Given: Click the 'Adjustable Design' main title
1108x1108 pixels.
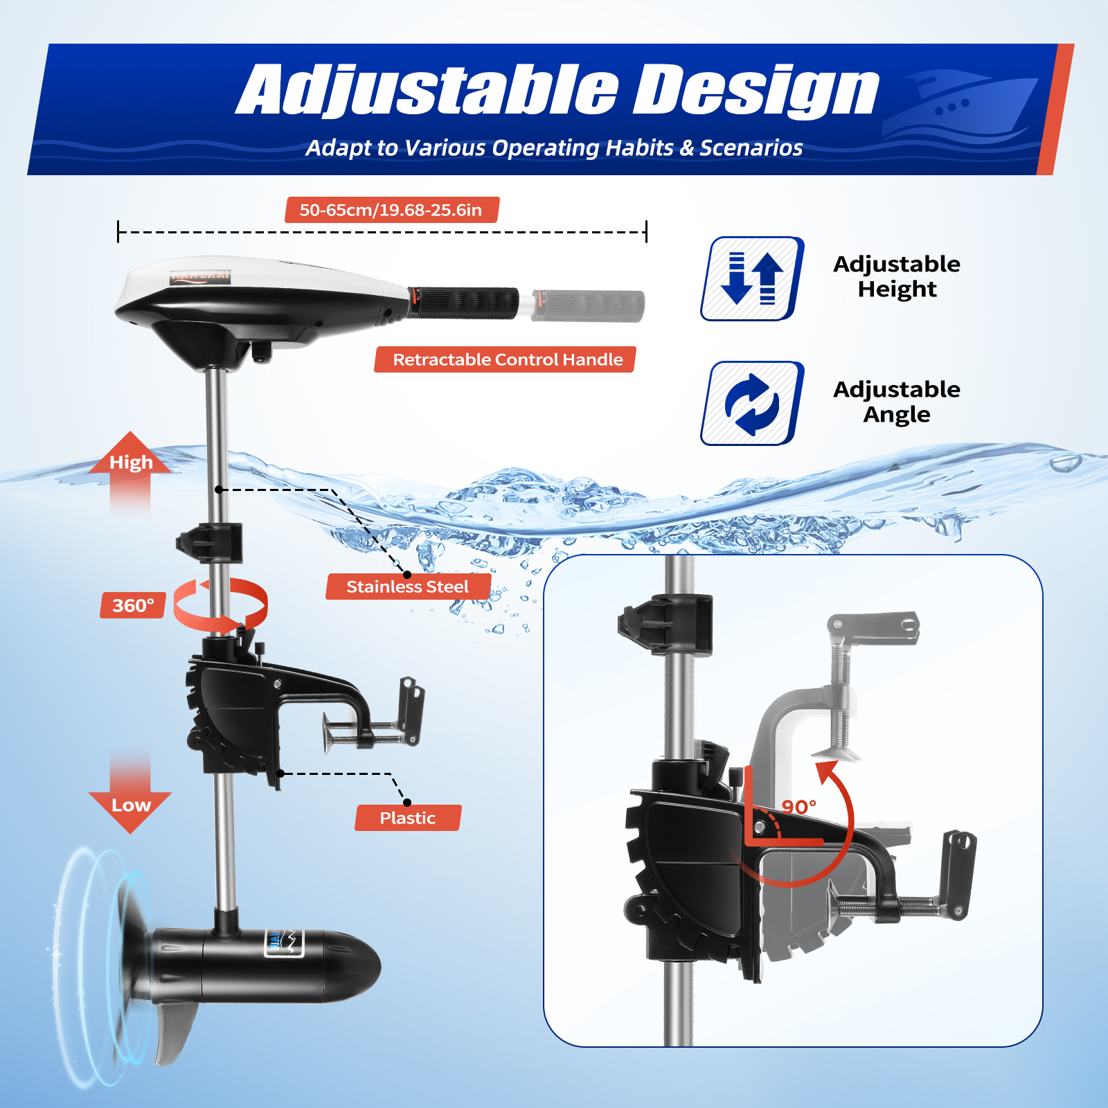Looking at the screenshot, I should tap(557, 90).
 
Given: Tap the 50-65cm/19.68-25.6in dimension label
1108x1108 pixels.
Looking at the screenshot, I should tap(391, 210).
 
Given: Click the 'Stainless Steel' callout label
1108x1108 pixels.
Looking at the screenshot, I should tap(408, 587).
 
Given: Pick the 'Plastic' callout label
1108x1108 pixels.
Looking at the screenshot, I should tap(407, 818).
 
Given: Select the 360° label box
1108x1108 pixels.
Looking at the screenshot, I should tap(133, 605).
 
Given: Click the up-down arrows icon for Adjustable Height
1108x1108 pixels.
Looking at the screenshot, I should tap(752, 278).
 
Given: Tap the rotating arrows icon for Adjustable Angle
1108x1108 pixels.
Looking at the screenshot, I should tap(752, 403).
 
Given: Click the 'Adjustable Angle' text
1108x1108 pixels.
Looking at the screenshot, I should tap(896, 402).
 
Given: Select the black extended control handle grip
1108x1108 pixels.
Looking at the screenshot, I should tap(464, 303).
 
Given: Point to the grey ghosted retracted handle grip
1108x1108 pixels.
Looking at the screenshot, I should tap(589, 306).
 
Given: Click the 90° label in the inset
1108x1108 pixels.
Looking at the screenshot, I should tap(798, 807).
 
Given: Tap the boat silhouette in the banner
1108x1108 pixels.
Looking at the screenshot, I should tap(963, 104).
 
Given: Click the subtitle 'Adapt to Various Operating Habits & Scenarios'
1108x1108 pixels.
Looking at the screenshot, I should tap(554, 148).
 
